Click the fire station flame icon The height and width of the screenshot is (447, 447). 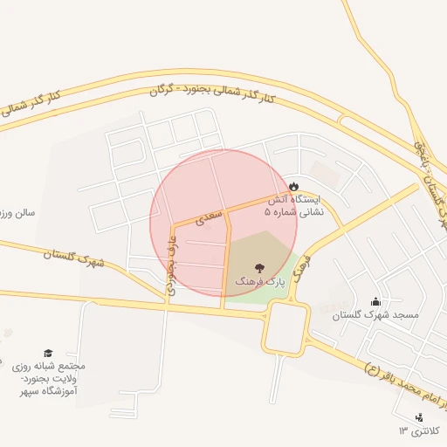[x=293, y=185]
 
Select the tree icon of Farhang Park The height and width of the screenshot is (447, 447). [x=258, y=267]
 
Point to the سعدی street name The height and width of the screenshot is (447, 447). [x=210, y=217]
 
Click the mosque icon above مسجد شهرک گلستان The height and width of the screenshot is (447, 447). [x=375, y=301]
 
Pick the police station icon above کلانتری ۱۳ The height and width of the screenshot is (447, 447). [x=407, y=417]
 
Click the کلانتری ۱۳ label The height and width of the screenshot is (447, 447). [x=422, y=431]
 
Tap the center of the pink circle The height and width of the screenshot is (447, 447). [x=223, y=223]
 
